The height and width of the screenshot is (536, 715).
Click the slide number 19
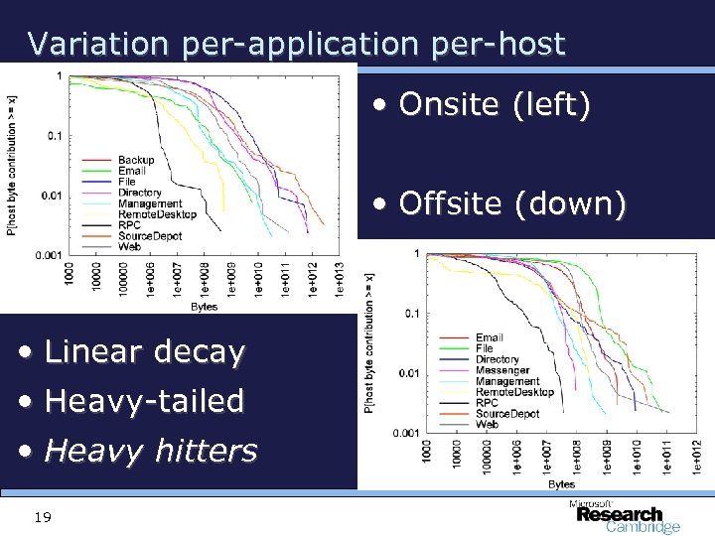point(41,517)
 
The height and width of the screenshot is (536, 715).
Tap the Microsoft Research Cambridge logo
point(624,515)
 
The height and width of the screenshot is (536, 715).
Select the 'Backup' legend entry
point(136,160)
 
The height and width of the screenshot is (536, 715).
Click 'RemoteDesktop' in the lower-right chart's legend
point(513,392)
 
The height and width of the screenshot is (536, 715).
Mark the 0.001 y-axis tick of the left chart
point(49,256)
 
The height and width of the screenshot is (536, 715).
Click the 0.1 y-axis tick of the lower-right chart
point(410,314)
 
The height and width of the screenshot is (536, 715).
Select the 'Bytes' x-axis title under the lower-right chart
point(561,484)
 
